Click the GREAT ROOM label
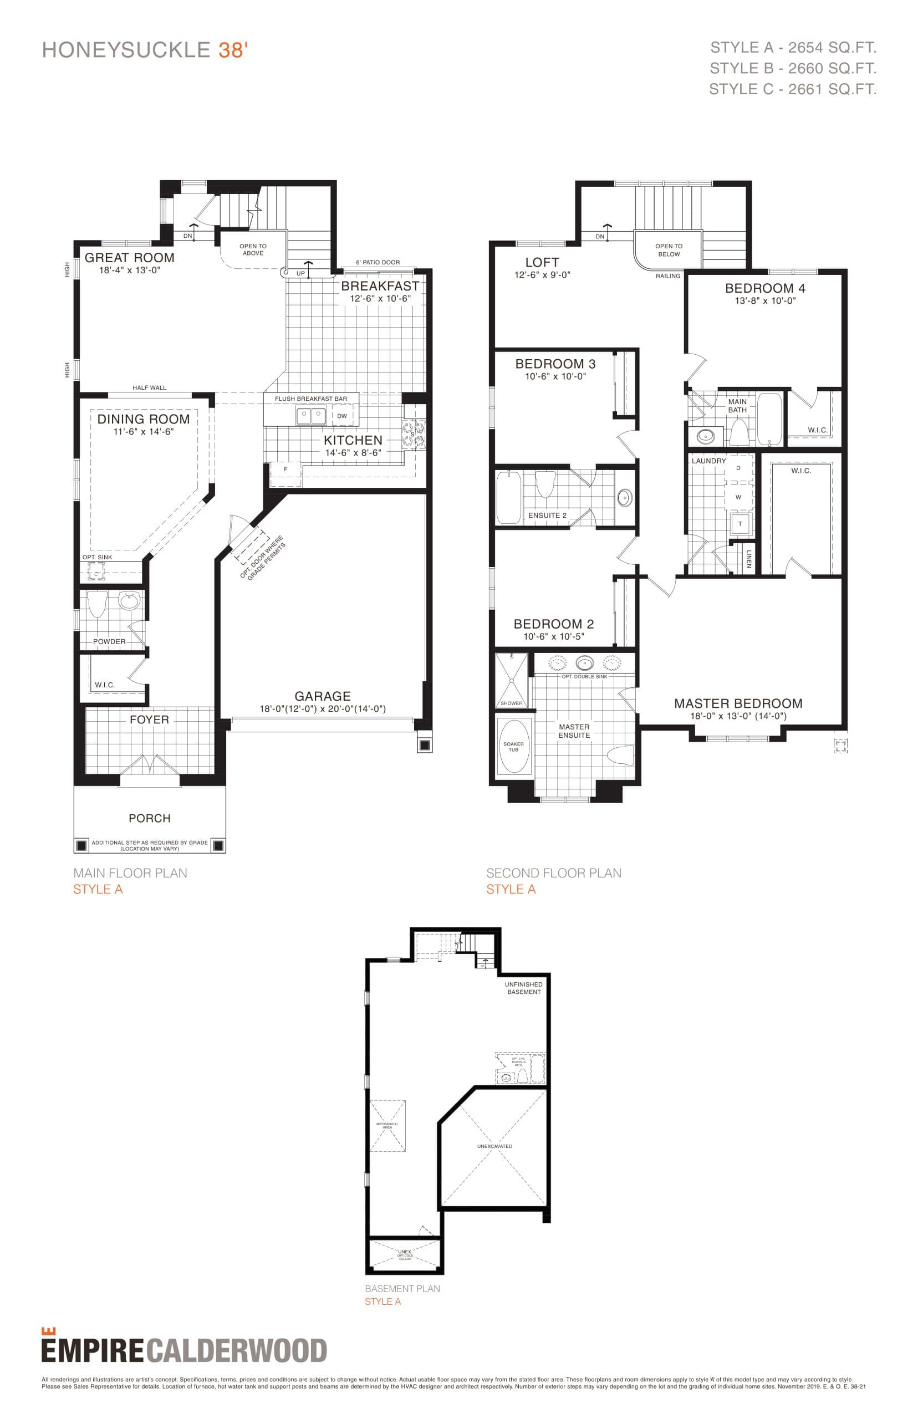(x=129, y=257)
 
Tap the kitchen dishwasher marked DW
(x=341, y=416)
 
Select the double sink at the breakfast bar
(x=310, y=415)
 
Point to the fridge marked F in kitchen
(x=285, y=469)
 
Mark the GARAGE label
(x=323, y=696)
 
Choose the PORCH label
(x=150, y=818)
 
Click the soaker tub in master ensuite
(x=513, y=746)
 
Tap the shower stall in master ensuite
(x=512, y=680)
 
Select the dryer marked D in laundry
(x=738, y=468)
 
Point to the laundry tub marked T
(x=739, y=524)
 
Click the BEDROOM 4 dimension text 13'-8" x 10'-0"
(x=765, y=301)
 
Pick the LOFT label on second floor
(x=542, y=262)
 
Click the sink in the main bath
(x=706, y=436)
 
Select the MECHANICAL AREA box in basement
(x=387, y=1126)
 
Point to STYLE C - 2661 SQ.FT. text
(x=792, y=89)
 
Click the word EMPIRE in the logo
(x=93, y=1351)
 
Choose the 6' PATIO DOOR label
(x=378, y=262)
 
